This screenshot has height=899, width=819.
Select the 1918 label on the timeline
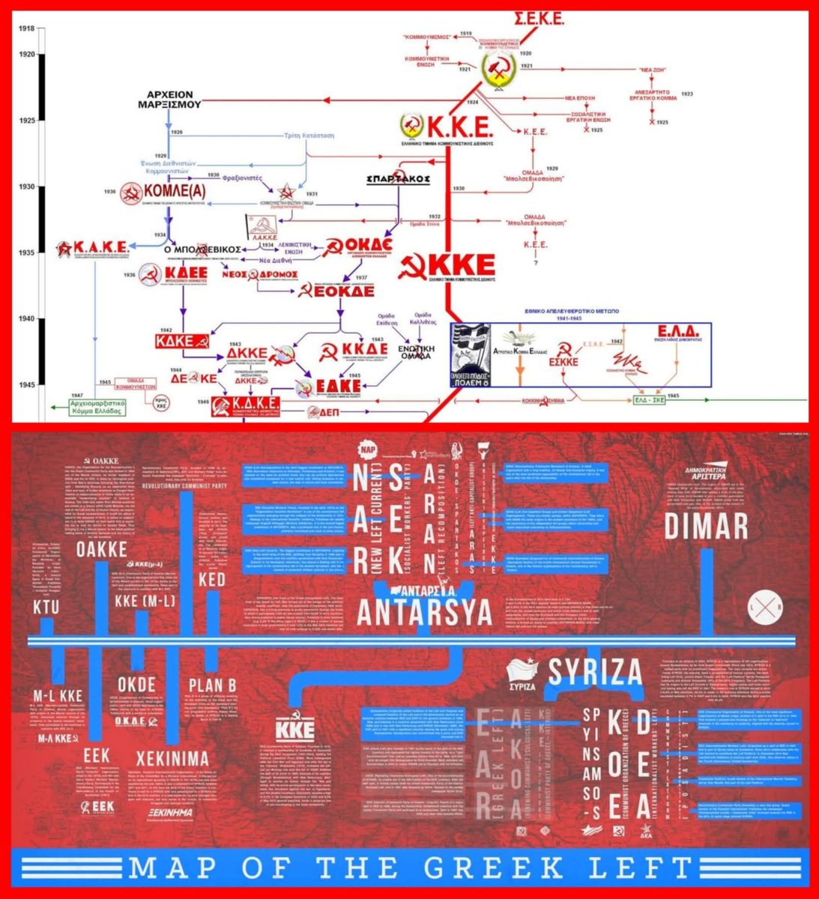[x=27, y=28]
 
